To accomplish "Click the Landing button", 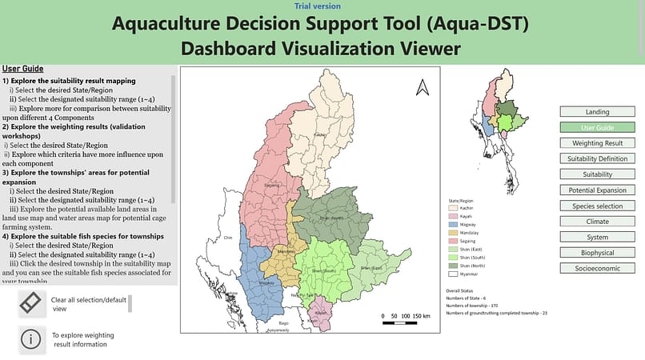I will tap(597, 112).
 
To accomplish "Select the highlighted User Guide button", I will tap(597, 127).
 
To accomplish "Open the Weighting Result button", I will tap(597, 143).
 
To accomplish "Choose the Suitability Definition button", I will tap(597, 158).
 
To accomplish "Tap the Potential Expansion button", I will tap(597, 190).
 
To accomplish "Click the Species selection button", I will tap(597, 206).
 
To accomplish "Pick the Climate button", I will tap(597, 222).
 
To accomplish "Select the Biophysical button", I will tap(597, 253).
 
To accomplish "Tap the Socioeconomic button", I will tap(597, 269).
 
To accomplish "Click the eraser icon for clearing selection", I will tap(30, 303).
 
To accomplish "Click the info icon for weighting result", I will tap(30, 338).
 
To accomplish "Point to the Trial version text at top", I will tap(322, 6).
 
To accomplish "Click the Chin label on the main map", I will tap(226, 238).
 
